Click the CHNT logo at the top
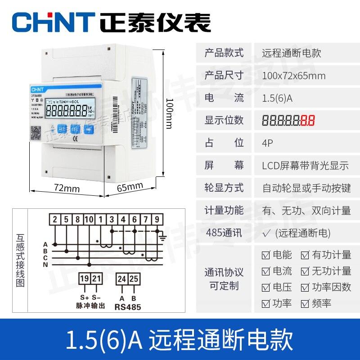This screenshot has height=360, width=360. [53, 21]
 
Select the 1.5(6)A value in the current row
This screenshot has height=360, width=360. [277, 98]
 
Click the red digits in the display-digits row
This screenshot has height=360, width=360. [308, 120]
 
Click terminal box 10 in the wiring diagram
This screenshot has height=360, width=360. [89, 220]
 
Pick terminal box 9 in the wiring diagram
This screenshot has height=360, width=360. [157, 220]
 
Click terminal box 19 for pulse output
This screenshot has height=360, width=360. [84, 279]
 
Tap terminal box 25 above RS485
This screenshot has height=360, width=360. [134, 279]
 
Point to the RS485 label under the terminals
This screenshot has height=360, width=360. [128, 308]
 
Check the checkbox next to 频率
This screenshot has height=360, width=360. [305, 304]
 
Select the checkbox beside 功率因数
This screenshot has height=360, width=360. [305, 287]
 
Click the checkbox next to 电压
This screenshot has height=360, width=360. [266, 287]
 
